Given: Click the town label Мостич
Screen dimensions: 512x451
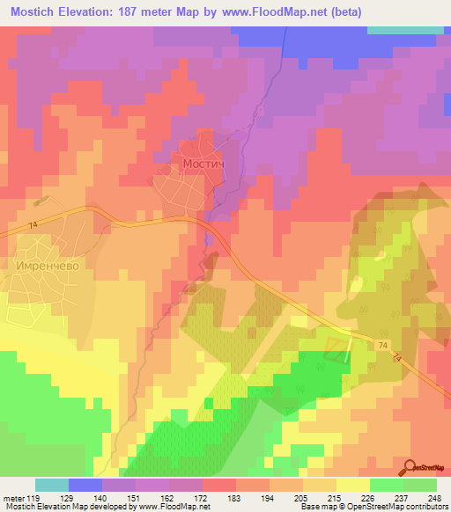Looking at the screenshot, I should click(203, 165).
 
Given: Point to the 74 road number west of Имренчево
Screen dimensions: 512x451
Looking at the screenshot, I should click(33, 226).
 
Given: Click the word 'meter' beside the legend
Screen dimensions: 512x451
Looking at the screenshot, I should click(12, 498).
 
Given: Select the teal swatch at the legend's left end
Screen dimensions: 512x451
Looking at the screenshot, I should click(51, 485).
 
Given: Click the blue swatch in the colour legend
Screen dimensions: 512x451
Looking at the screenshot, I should click(85, 485).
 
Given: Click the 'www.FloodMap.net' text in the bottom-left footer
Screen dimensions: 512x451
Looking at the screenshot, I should click(172, 507).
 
